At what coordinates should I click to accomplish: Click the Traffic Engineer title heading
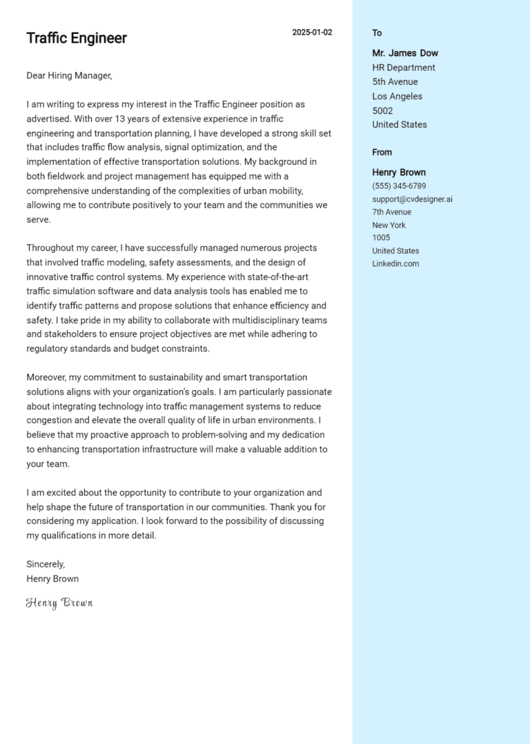tap(77, 38)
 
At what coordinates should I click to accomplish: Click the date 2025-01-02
tap(312, 32)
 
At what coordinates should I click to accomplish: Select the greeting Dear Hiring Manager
tap(69, 76)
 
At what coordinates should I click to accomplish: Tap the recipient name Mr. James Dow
tap(405, 53)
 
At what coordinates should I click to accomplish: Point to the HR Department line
tap(404, 68)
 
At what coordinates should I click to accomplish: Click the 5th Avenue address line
tap(395, 82)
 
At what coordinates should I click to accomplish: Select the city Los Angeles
tap(397, 97)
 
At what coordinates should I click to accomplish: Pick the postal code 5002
tap(382, 110)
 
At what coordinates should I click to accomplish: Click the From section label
tap(382, 153)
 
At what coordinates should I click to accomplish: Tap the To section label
tap(377, 33)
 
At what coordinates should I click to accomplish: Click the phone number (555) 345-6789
tap(399, 186)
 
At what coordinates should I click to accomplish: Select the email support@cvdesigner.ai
tap(412, 199)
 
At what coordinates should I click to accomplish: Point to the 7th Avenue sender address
tap(391, 213)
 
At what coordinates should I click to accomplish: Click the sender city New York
tap(389, 225)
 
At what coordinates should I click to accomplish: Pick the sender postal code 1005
tap(381, 238)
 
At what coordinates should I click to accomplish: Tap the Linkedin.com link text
tap(395, 264)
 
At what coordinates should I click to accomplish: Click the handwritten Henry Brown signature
tap(59, 603)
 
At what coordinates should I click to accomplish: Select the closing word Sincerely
tap(46, 564)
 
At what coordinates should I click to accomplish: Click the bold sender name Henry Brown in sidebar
tap(399, 173)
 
